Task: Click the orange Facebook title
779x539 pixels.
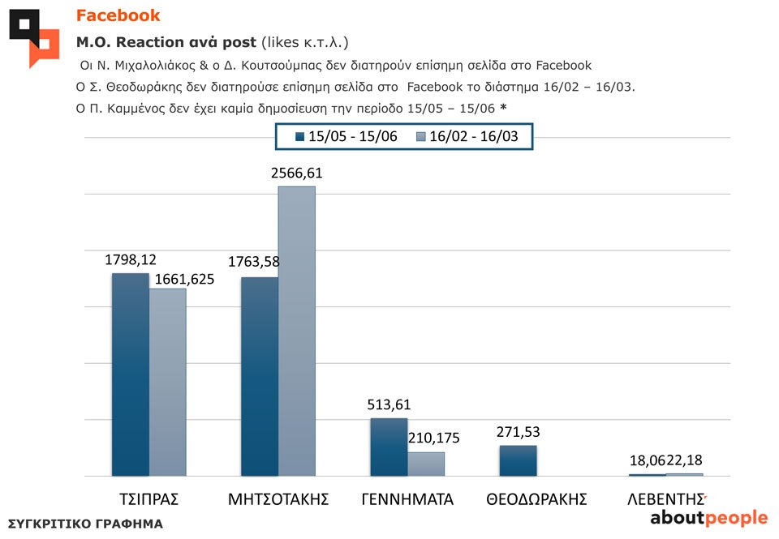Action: pos(118,15)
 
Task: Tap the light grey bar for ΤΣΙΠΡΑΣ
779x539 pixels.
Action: pos(167,382)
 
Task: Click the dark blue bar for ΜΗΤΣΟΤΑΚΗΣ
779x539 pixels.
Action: pos(260,376)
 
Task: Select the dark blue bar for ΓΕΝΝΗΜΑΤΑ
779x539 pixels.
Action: pos(389,447)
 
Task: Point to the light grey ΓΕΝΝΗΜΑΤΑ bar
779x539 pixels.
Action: pos(425,464)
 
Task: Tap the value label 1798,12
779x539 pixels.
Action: pos(130,260)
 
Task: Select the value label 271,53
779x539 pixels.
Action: pos(518,432)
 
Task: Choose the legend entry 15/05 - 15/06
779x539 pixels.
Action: pos(346,136)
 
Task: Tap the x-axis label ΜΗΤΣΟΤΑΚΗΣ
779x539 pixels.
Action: pos(278,499)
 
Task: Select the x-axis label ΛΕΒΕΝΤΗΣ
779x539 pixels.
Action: pos(665,499)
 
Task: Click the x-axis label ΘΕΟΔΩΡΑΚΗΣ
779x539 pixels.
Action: pos(536,499)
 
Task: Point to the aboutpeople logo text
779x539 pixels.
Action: pos(708,518)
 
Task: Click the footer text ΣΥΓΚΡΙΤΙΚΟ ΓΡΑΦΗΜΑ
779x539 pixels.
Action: pos(85,524)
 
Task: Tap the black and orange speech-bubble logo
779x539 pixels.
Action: pos(34,36)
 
